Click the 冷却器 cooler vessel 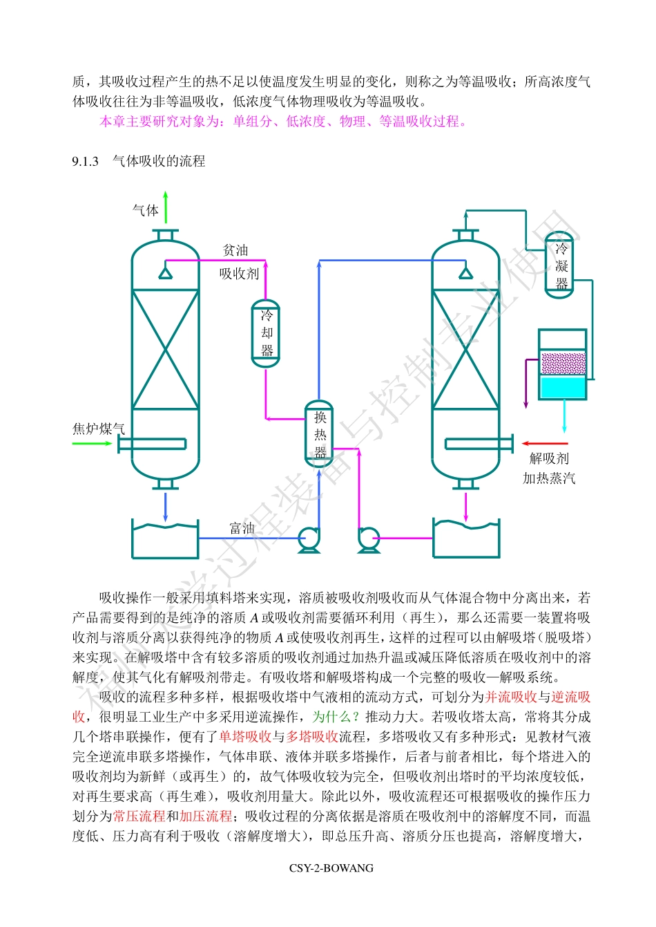pyautogui.click(x=266, y=333)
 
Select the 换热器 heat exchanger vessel pyautogui.click(x=319, y=434)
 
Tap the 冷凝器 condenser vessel pyautogui.click(x=560, y=265)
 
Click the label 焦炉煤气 pyautogui.click(x=98, y=429)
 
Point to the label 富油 pyautogui.click(x=242, y=528)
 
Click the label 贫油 pyautogui.click(x=235, y=250)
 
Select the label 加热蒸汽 pyautogui.click(x=549, y=478)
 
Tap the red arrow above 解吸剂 pyautogui.click(x=545, y=443)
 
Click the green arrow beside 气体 pyautogui.click(x=166, y=206)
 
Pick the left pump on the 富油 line pyautogui.click(x=308, y=539)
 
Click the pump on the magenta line pyautogui.click(x=368, y=539)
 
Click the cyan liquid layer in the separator pyautogui.click(x=563, y=388)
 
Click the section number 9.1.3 pyautogui.click(x=85, y=162)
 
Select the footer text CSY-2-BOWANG pyautogui.click(x=331, y=868)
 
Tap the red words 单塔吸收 pyautogui.click(x=244, y=737)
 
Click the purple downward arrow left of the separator pyautogui.click(x=527, y=384)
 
